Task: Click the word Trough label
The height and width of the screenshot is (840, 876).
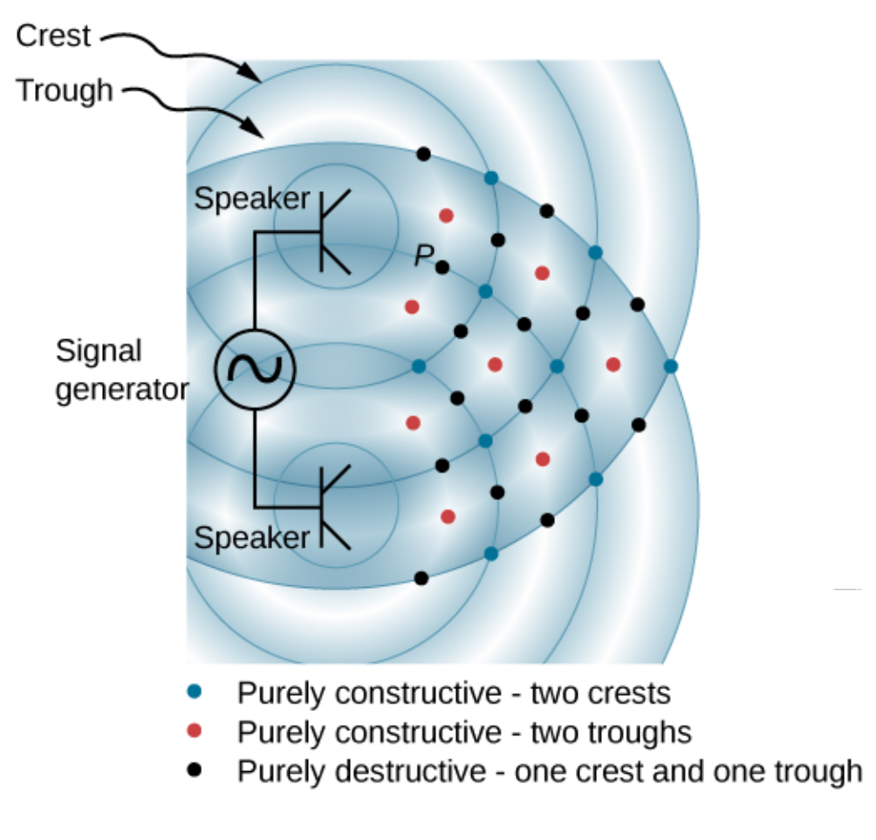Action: [x=65, y=91]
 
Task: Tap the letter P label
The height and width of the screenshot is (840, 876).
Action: [x=424, y=255]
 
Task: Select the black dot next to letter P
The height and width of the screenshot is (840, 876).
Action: [x=442, y=267]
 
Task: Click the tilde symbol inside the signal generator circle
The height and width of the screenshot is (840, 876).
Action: [x=255, y=370]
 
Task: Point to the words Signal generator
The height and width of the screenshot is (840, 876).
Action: [x=120, y=370]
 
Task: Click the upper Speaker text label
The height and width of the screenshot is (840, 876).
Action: [x=251, y=199]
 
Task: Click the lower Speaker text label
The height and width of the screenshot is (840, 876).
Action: [x=251, y=537]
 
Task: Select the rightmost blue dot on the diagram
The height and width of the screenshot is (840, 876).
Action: [x=670, y=366]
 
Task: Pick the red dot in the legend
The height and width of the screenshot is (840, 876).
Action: [x=196, y=731]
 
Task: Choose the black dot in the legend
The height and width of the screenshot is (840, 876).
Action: [x=196, y=770]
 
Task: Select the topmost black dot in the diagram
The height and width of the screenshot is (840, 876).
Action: [x=423, y=154]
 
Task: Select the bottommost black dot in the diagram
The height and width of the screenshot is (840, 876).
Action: [x=421, y=577]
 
